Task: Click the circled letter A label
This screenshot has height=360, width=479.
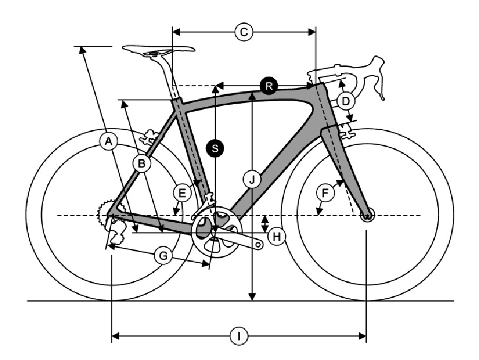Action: [x=108, y=141]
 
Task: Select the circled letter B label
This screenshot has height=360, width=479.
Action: [x=142, y=163]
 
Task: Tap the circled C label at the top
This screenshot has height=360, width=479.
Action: [x=244, y=32]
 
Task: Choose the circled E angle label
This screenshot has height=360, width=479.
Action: [x=182, y=193]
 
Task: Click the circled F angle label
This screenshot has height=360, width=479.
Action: [x=325, y=192]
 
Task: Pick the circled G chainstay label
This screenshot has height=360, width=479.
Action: [x=164, y=256]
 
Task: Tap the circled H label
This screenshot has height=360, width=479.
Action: [x=276, y=236]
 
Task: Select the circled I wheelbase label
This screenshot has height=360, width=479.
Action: [x=239, y=336]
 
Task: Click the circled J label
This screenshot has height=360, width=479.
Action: [x=252, y=180]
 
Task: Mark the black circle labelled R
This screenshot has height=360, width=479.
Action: [x=269, y=86]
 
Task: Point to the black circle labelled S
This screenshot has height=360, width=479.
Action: [x=215, y=148]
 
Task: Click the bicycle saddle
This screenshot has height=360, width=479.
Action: [x=159, y=50]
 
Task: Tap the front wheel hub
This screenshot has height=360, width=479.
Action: [x=367, y=215]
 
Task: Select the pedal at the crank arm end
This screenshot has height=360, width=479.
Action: [x=259, y=245]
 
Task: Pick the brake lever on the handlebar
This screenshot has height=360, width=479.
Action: [x=379, y=78]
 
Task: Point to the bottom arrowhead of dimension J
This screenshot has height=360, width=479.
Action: [x=252, y=297]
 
